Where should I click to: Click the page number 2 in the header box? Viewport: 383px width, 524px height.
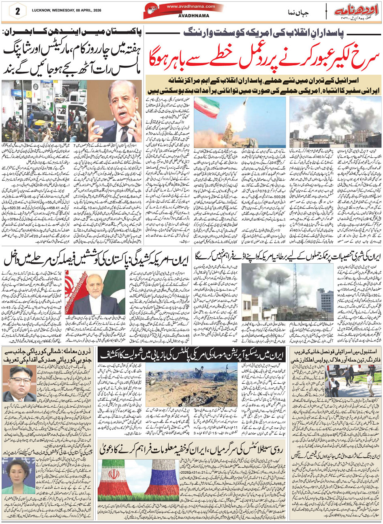pyautogui.click(x=17, y=11)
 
